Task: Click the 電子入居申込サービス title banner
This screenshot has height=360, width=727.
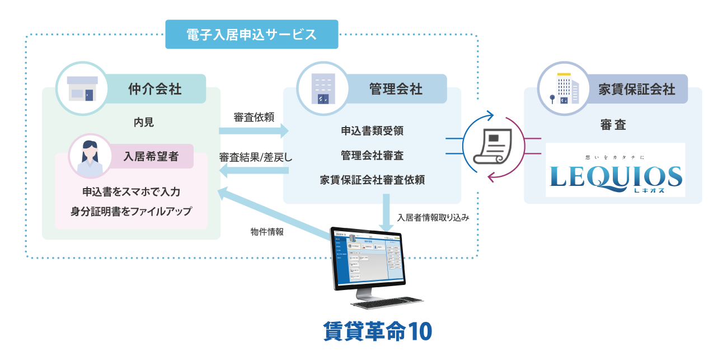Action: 252,34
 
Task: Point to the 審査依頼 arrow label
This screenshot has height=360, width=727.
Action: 254,117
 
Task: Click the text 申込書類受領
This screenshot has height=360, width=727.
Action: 372,131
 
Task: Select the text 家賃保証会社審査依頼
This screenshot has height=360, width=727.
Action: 372,180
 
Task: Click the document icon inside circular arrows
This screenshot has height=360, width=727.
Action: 490,147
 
